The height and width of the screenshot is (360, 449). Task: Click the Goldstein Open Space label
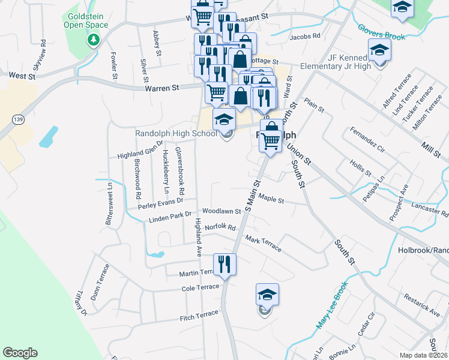point(88,20)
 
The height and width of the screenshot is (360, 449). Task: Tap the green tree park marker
point(93,40)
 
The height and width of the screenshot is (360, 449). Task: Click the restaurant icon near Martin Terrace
point(224,265)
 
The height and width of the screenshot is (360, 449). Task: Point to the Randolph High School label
point(176,133)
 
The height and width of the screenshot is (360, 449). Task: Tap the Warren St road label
point(162,88)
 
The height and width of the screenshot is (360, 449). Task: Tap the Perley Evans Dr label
point(160,204)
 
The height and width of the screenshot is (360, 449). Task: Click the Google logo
point(20,353)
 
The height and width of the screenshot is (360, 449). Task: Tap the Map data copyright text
point(424,355)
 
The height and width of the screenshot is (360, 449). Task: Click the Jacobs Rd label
point(304,37)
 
